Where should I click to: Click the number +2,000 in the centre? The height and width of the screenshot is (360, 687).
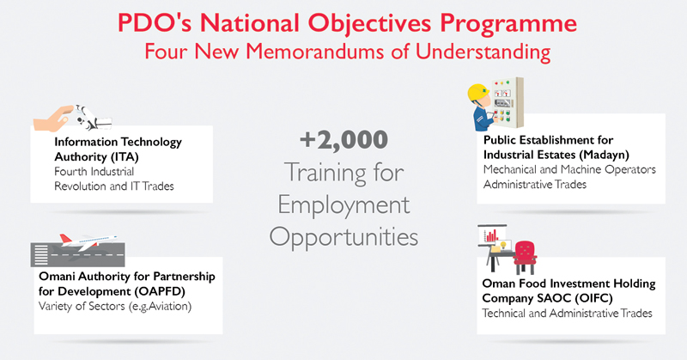pos(343,139)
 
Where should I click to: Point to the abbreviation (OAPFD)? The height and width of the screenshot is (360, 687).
pos(143,290)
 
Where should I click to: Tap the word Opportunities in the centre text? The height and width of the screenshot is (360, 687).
pos(343,235)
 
